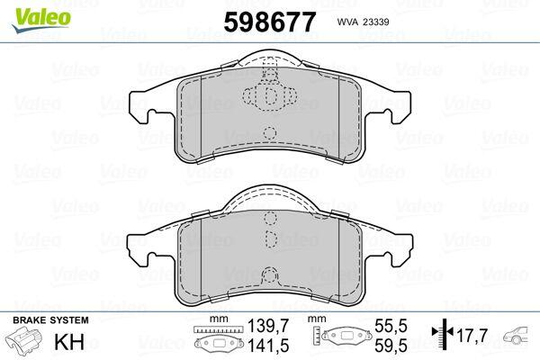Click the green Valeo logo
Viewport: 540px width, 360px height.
(x=41, y=20)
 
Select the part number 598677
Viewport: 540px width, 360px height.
(x=270, y=22)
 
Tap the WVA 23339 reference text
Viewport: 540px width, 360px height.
(x=363, y=22)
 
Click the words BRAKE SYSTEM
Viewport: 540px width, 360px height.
(x=50, y=320)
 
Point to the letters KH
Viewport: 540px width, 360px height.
(x=69, y=342)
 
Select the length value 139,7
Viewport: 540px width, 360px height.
(x=268, y=326)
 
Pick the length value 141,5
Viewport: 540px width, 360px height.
(x=268, y=346)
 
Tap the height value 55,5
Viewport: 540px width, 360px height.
(x=391, y=326)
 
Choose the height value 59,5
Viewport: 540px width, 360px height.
(x=391, y=346)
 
